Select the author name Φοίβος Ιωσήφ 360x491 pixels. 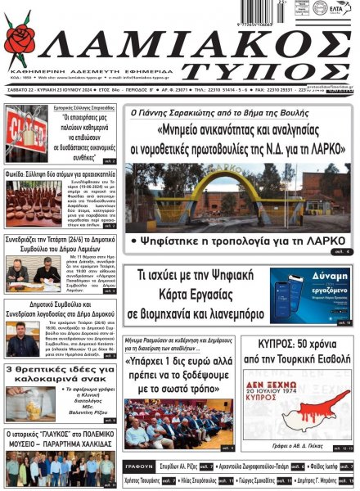[328, 466]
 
